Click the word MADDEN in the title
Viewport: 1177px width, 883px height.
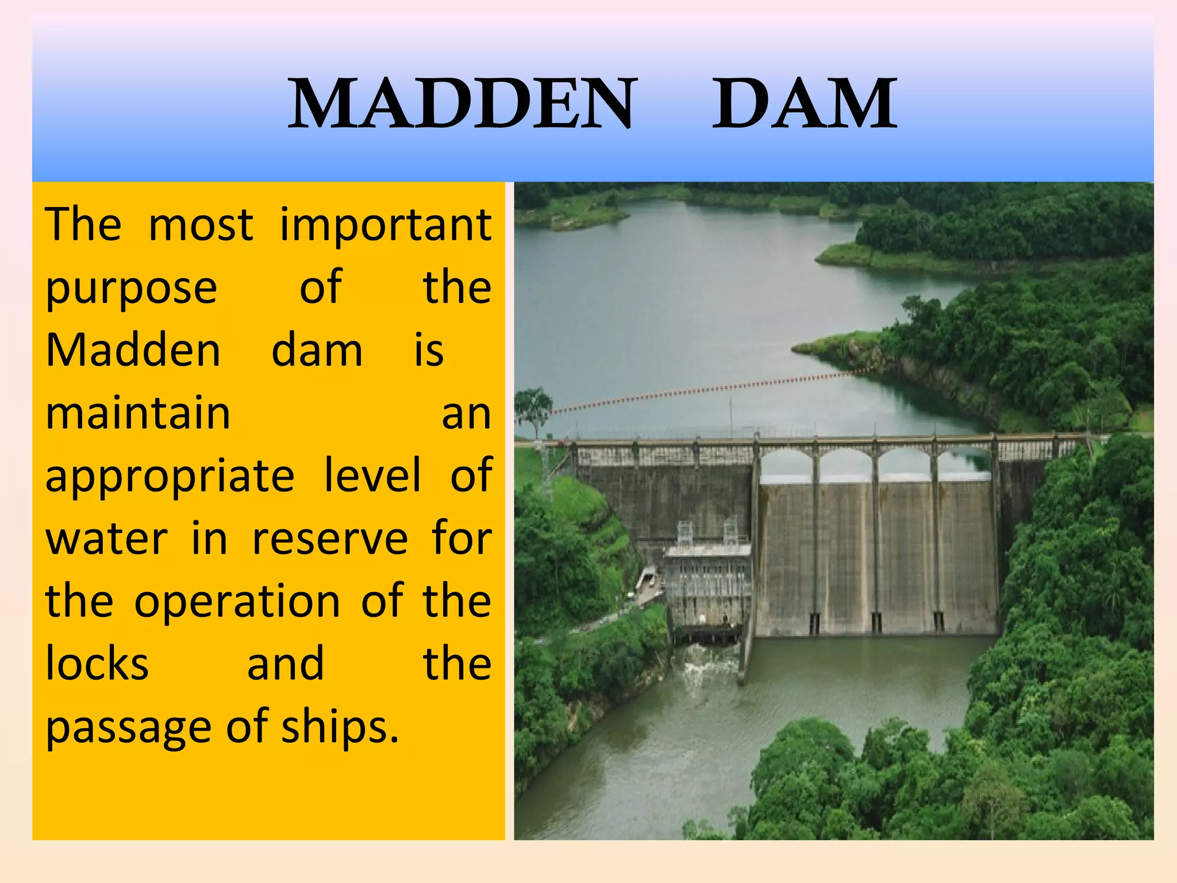[462, 103]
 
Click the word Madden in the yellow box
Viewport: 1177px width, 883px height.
[133, 350]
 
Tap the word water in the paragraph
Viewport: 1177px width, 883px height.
[106, 539]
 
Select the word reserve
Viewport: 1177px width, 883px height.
[330, 539]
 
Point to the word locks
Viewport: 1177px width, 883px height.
[97, 664]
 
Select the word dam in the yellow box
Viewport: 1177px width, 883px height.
[317, 350]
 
